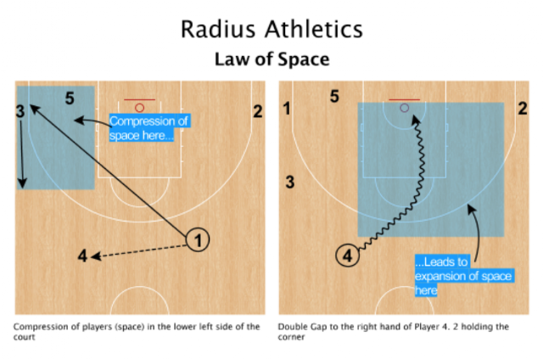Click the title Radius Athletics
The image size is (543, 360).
coord(271,29)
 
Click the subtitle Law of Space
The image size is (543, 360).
coord(271,59)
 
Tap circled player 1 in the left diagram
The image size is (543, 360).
coord(198,240)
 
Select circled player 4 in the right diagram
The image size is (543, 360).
coord(346,254)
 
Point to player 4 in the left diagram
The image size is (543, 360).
coord(82,255)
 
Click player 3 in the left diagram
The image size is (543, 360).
coord(19,110)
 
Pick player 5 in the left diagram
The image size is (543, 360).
coord(70,98)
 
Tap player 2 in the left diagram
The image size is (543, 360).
coord(257,110)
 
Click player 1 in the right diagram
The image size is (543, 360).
coord(287,108)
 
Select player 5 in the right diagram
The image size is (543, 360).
coord(335,97)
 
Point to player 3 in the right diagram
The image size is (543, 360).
coord(289,181)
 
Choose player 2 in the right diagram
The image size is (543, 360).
coord(523,108)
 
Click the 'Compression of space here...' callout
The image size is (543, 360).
coord(143,127)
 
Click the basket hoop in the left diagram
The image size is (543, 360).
coord(139,108)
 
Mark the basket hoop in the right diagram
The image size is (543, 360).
coord(405,108)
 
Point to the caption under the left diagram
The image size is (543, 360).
coord(136,332)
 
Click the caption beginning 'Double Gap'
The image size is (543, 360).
coord(399,332)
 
